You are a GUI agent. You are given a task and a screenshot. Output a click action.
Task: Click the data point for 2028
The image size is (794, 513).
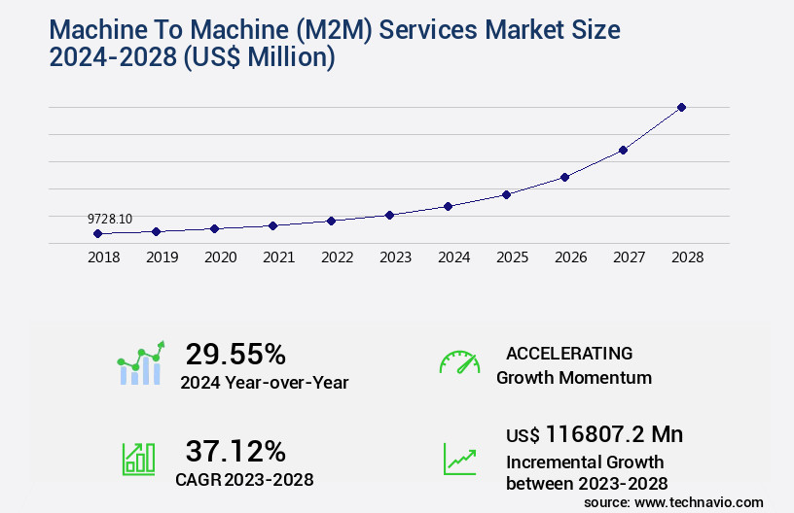(x=681, y=107)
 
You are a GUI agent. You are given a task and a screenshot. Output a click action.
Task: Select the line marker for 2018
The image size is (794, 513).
(x=97, y=233)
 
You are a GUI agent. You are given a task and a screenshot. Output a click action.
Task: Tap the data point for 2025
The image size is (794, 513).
(x=506, y=194)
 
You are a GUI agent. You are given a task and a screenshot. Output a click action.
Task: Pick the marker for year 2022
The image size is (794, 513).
(x=331, y=221)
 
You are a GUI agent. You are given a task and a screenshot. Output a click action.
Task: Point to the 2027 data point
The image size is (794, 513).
(x=623, y=150)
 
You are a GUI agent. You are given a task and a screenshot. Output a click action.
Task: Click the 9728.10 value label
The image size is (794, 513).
(x=109, y=219)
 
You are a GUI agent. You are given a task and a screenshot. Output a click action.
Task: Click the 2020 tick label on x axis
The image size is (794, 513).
(x=220, y=258)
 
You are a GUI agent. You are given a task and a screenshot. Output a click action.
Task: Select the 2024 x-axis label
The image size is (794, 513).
(x=453, y=258)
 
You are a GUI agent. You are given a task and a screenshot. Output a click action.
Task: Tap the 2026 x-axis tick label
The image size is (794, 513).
(x=570, y=258)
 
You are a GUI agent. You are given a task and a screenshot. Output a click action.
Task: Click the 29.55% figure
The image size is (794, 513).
(x=235, y=354)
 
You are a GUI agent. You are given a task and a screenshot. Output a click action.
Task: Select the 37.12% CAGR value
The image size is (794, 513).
(x=235, y=452)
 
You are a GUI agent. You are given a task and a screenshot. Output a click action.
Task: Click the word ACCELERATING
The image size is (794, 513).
(x=569, y=354)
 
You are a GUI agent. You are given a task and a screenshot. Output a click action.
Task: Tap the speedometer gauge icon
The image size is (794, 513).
(x=459, y=361)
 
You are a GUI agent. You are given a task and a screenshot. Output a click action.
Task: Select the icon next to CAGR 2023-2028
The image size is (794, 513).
(x=138, y=459)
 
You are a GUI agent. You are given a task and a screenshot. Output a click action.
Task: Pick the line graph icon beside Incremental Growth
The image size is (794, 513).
(x=459, y=459)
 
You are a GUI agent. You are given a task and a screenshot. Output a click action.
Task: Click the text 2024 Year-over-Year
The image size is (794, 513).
(x=264, y=383)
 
